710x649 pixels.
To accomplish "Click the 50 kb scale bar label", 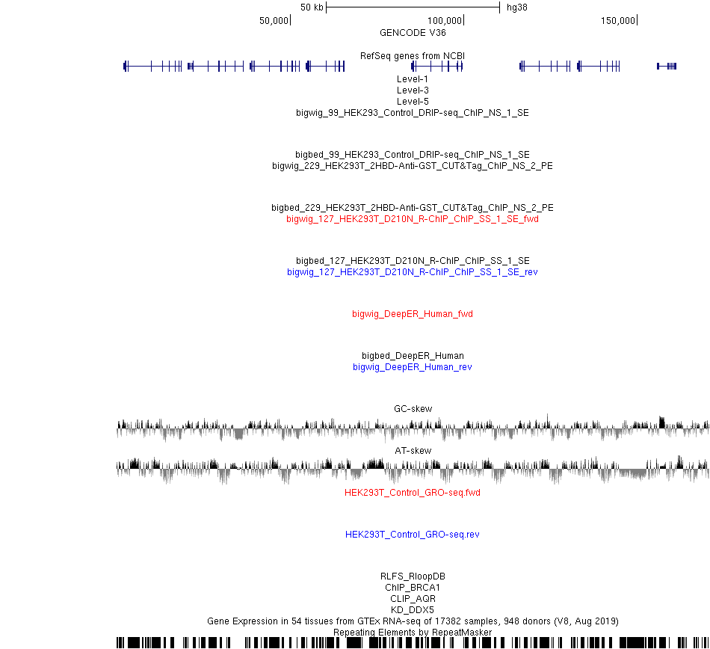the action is coord(312,7).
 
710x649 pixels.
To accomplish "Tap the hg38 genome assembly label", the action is coord(517,7).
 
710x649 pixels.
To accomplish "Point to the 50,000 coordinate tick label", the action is coord(274,20).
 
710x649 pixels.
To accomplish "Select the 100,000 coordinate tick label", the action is coord(445,20).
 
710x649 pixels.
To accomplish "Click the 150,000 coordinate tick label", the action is coord(618,20).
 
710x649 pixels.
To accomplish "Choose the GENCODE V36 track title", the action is coord(413,33).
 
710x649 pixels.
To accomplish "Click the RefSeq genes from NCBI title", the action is coord(413,56).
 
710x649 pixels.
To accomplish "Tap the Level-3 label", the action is coord(413,90).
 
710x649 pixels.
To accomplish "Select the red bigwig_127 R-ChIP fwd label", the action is coord(413,219).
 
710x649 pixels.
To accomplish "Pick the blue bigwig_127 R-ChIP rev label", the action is coord(413,272).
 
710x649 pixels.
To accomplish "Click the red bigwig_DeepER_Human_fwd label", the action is coord(413,314).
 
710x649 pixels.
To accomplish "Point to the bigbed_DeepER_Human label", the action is coord(413,355).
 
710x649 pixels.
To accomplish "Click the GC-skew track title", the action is coord(413,408).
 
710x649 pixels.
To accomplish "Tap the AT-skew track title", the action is coord(413,451).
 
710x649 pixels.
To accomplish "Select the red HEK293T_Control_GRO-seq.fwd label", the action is coord(413,492).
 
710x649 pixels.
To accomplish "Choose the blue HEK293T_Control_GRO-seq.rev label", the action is coord(413,535).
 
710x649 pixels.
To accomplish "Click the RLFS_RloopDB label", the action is coord(413,576).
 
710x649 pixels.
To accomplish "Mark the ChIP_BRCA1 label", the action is coord(413,588).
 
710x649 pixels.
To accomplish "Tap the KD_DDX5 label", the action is coord(413,610).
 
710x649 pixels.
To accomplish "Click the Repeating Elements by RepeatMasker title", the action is coord(413,633).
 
